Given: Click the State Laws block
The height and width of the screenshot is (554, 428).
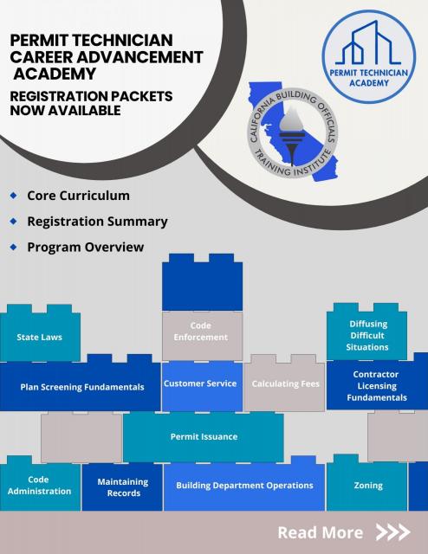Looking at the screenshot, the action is pos(40,337).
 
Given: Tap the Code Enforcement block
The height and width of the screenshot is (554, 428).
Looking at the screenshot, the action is pos(202,335).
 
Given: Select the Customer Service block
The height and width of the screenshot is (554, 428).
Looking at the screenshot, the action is pos(202,386).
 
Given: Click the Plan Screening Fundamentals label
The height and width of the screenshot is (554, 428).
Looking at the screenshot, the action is pos(82,387).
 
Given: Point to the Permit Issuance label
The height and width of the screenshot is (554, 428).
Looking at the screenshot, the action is pos(204,436).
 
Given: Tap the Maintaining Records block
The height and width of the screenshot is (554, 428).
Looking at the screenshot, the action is pos(122,486).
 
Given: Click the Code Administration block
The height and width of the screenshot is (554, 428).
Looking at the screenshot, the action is pos(40,485).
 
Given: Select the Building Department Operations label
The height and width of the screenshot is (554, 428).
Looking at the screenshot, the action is pos(244,485).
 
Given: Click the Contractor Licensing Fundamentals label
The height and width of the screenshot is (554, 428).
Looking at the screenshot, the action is pos(377,386).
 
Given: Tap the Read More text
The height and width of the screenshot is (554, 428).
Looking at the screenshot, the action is pos(320,532).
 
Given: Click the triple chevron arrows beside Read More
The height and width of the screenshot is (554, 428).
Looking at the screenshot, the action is pos(392,532).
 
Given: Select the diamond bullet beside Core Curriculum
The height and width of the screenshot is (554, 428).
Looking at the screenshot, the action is pos(14,195).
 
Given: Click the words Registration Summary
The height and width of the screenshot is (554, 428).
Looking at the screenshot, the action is pos(97,222).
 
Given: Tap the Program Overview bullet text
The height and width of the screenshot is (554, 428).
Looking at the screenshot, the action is pos(86,247).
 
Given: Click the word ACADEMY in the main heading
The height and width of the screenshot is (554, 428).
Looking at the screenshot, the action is pos(55,74).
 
